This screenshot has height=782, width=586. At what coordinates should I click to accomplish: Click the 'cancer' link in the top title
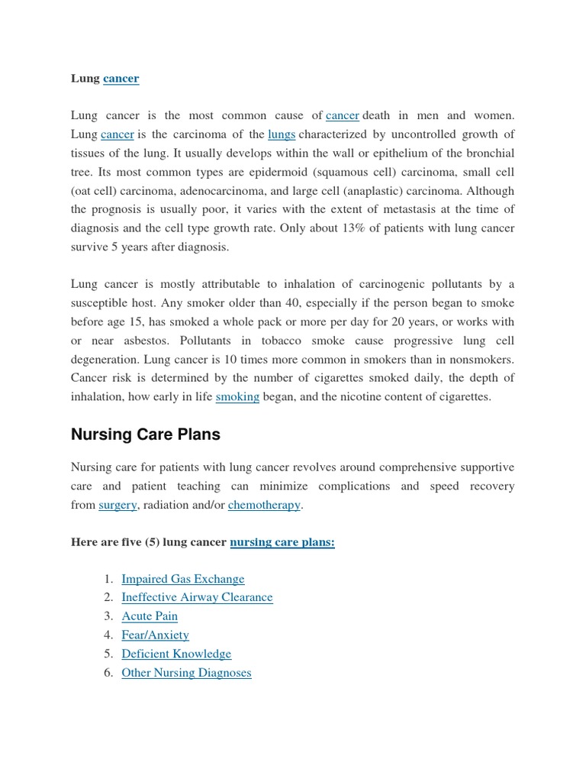[x=121, y=78]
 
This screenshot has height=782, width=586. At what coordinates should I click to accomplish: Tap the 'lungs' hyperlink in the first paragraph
[x=282, y=134]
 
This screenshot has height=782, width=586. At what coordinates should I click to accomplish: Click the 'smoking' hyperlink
[x=237, y=397]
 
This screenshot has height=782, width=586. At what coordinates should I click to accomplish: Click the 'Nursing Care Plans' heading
[x=145, y=435]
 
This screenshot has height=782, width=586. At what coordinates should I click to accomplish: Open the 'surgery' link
[x=118, y=505]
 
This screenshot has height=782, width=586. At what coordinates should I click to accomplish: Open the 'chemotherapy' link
[x=264, y=505]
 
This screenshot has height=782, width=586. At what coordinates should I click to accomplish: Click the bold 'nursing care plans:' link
[x=282, y=542]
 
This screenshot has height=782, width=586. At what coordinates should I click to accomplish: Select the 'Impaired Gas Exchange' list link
[x=183, y=579]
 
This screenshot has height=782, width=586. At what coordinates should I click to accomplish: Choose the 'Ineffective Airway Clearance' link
[x=197, y=597]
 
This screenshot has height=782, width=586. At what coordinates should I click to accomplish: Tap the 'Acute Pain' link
[x=150, y=616]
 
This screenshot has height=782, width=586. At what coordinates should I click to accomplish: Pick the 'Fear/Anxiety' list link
[x=155, y=635]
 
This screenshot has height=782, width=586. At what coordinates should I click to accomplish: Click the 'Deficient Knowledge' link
[x=176, y=654]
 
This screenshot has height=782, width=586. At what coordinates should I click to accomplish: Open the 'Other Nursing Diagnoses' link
[x=186, y=673]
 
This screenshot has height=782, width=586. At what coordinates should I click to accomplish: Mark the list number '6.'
[x=108, y=673]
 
